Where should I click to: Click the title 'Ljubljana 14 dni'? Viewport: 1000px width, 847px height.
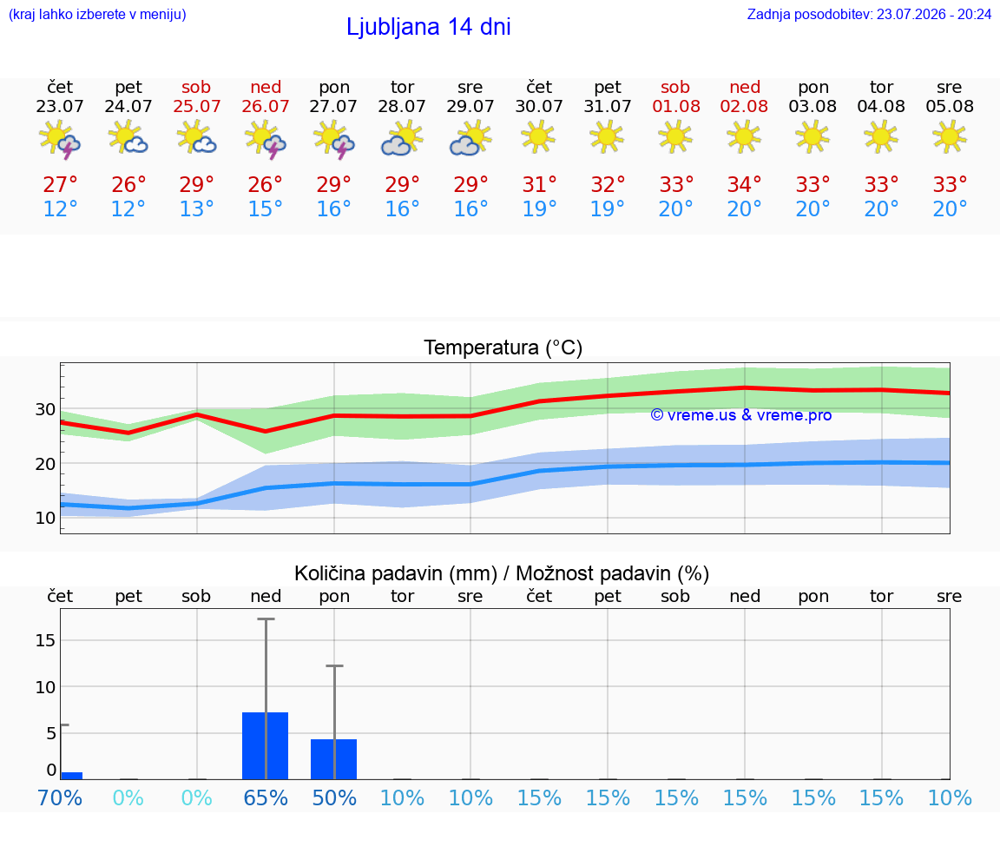(x=429, y=27)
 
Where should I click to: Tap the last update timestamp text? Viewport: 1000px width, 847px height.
(x=869, y=15)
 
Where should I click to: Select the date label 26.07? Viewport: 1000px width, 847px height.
(x=266, y=106)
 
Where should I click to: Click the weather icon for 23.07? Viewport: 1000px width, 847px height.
(x=60, y=139)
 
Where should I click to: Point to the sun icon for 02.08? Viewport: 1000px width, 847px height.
(x=744, y=136)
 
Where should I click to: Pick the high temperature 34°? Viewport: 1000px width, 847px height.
(x=744, y=184)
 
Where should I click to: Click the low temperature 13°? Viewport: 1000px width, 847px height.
(x=196, y=208)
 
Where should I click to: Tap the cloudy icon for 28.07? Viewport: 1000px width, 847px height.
(x=402, y=138)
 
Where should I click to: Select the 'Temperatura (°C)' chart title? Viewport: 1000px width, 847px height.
(x=503, y=347)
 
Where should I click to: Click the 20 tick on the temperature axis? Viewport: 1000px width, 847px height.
(x=45, y=464)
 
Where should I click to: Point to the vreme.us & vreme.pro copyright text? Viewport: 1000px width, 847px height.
(x=741, y=415)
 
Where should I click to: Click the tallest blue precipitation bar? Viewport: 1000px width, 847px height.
(x=266, y=745)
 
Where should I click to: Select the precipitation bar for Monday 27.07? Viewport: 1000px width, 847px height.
(x=333, y=759)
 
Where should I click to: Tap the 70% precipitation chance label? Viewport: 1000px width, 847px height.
(x=60, y=797)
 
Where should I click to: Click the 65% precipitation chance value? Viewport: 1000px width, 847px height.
(x=266, y=797)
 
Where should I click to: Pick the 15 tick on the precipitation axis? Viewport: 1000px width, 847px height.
(x=45, y=640)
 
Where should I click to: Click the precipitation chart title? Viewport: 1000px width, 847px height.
(x=502, y=573)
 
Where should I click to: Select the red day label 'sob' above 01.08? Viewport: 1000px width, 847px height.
(x=675, y=87)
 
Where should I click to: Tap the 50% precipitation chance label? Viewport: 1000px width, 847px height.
(x=334, y=797)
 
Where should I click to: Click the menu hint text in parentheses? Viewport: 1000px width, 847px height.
(x=97, y=14)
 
